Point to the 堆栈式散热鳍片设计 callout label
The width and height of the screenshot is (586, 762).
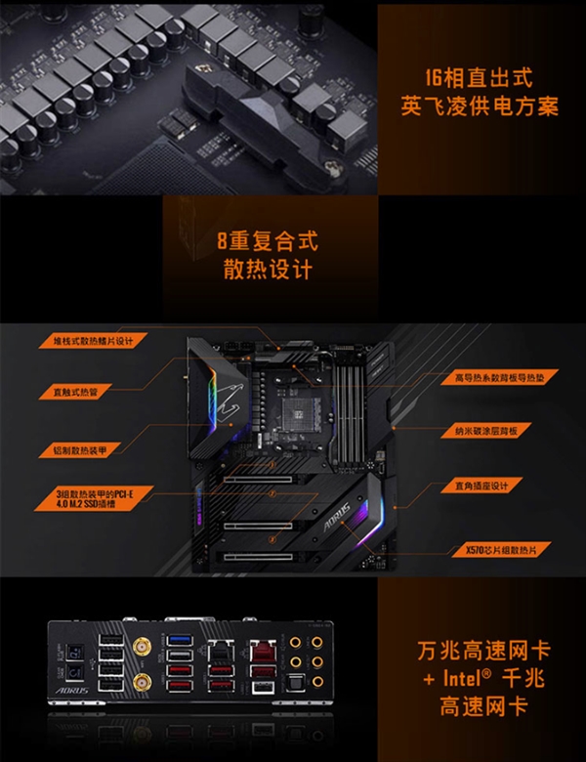coord(94,341)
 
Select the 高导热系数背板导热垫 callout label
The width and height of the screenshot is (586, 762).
coord(497,376)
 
